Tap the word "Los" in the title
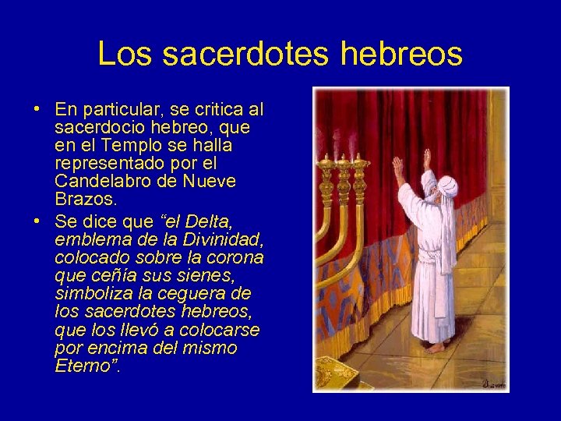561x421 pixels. pos(123,54)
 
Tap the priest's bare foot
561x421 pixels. pos(433,347)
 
